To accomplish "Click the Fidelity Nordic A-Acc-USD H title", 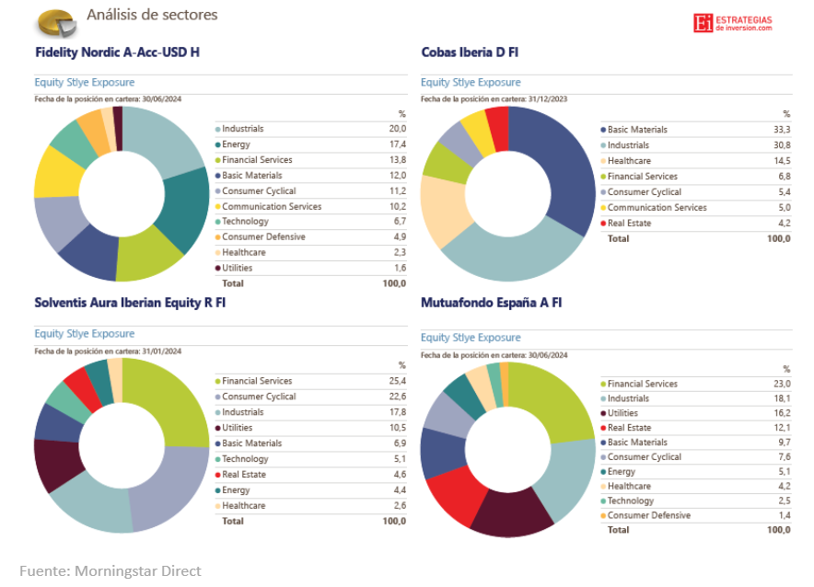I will click(x=117, y=52).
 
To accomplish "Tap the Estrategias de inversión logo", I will click(x=733, y=23).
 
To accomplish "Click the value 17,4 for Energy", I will click(x=398, y=144).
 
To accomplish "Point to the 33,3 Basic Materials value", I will click(x=781, y=130).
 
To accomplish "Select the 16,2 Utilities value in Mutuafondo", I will click(x=781, y=413).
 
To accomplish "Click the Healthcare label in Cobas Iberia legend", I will click(x=629, y=161).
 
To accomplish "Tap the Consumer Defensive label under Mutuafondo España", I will click(x=648, y=515).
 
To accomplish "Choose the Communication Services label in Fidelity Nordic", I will click(x=272, y=206).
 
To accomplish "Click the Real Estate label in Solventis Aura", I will click(x=244, y=475).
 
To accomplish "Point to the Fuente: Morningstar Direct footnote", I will click(x=110, y=570).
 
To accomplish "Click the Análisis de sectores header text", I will click(x=152, y=15).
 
